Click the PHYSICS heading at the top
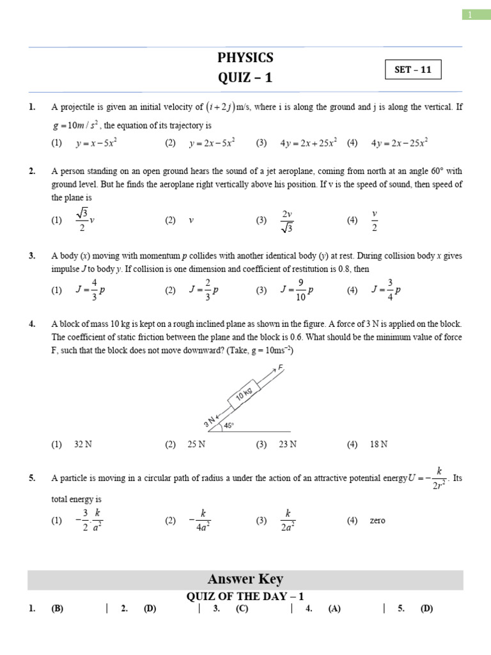point(245,58)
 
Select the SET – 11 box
point(413,70)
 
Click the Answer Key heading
point(245,580)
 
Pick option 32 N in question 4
point(83,445)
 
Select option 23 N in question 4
point(288,445)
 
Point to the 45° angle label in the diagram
point(229,425)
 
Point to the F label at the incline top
point(280,368)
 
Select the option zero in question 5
point(377,521)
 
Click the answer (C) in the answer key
point(242,609)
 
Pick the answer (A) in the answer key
point(334,609)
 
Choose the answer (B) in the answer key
point(58,609)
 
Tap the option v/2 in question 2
point(375,220)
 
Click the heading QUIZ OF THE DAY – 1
point(245,596)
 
